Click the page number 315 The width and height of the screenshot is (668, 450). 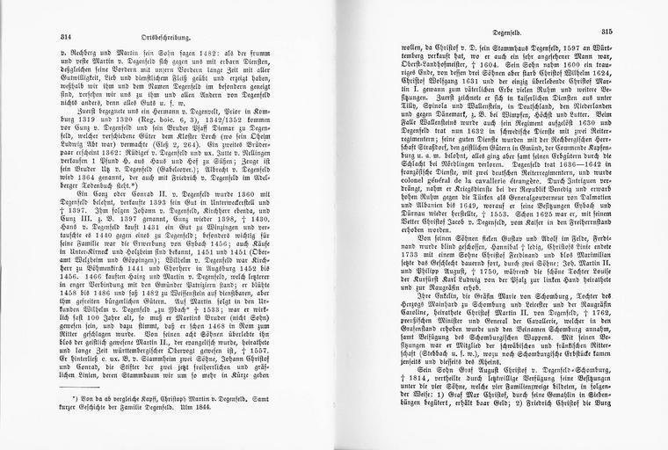pos(631,32)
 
